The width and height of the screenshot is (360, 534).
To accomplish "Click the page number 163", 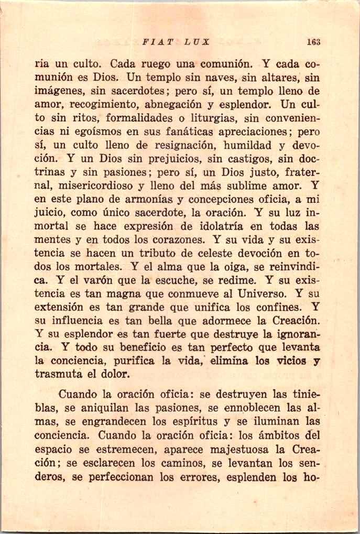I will (314, 42).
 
